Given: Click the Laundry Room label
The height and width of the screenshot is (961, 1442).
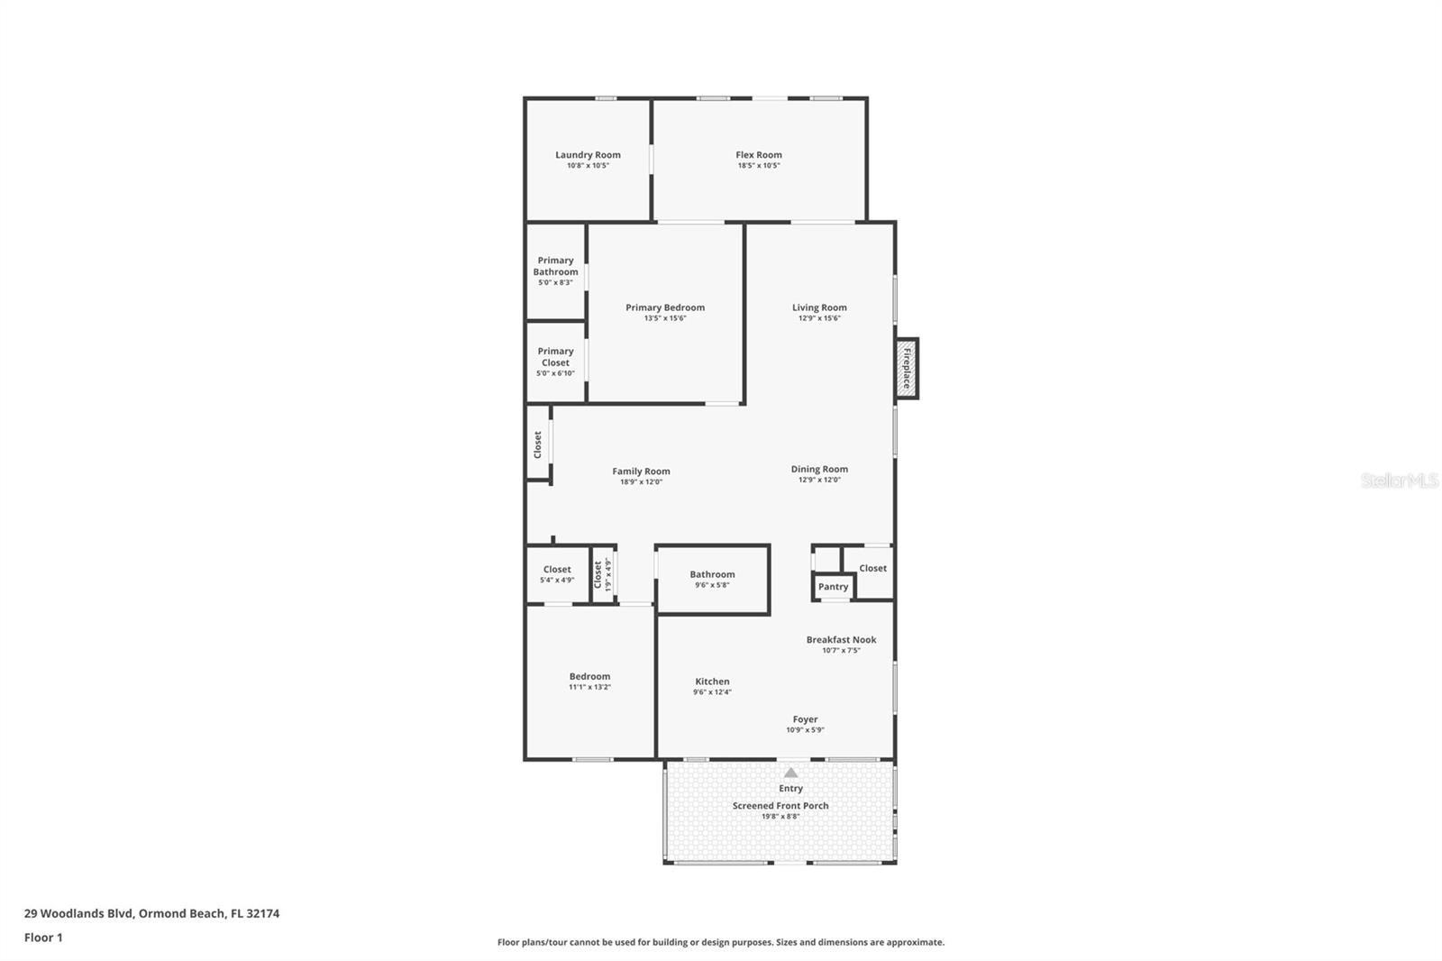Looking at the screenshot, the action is [x=588, y=154].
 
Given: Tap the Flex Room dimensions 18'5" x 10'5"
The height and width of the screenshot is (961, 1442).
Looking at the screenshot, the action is [x=758, y=166].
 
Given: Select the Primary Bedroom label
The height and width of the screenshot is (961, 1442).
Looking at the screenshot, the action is [x=665, y=307].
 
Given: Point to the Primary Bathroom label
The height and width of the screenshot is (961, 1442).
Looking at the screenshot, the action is [x=555, y=266].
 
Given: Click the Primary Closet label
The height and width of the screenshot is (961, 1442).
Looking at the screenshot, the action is [x=555, y=357].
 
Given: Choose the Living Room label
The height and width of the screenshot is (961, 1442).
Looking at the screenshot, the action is [x=819, y=307].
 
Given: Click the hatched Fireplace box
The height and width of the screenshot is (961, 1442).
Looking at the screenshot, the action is [x=907, y=369].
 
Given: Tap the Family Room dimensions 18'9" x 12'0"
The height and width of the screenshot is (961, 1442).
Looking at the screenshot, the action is [x=641, y=481].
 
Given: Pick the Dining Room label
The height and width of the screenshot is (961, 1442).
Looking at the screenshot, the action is [x=819, y=469].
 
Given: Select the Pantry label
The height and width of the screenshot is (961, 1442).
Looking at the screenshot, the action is [x=833, y=586].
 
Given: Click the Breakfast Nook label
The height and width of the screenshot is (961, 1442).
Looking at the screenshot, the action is [x=842, y=639].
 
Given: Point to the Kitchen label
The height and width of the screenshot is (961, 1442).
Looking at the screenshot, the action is [x=712, y=682].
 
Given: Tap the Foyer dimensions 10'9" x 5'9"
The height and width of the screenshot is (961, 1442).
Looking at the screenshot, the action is [x=806, y=730].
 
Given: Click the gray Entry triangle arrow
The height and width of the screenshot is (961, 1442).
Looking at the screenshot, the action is [x=791, y=773].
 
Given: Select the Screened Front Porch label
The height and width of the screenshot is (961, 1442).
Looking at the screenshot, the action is [x=780, y=805].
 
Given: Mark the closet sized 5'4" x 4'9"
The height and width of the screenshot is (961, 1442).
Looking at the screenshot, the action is [x=557, y=574].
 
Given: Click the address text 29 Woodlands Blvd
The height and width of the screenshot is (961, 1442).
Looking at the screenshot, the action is [x=78, y=912].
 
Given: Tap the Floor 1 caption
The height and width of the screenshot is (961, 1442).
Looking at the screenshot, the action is [x=43, y=938].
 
